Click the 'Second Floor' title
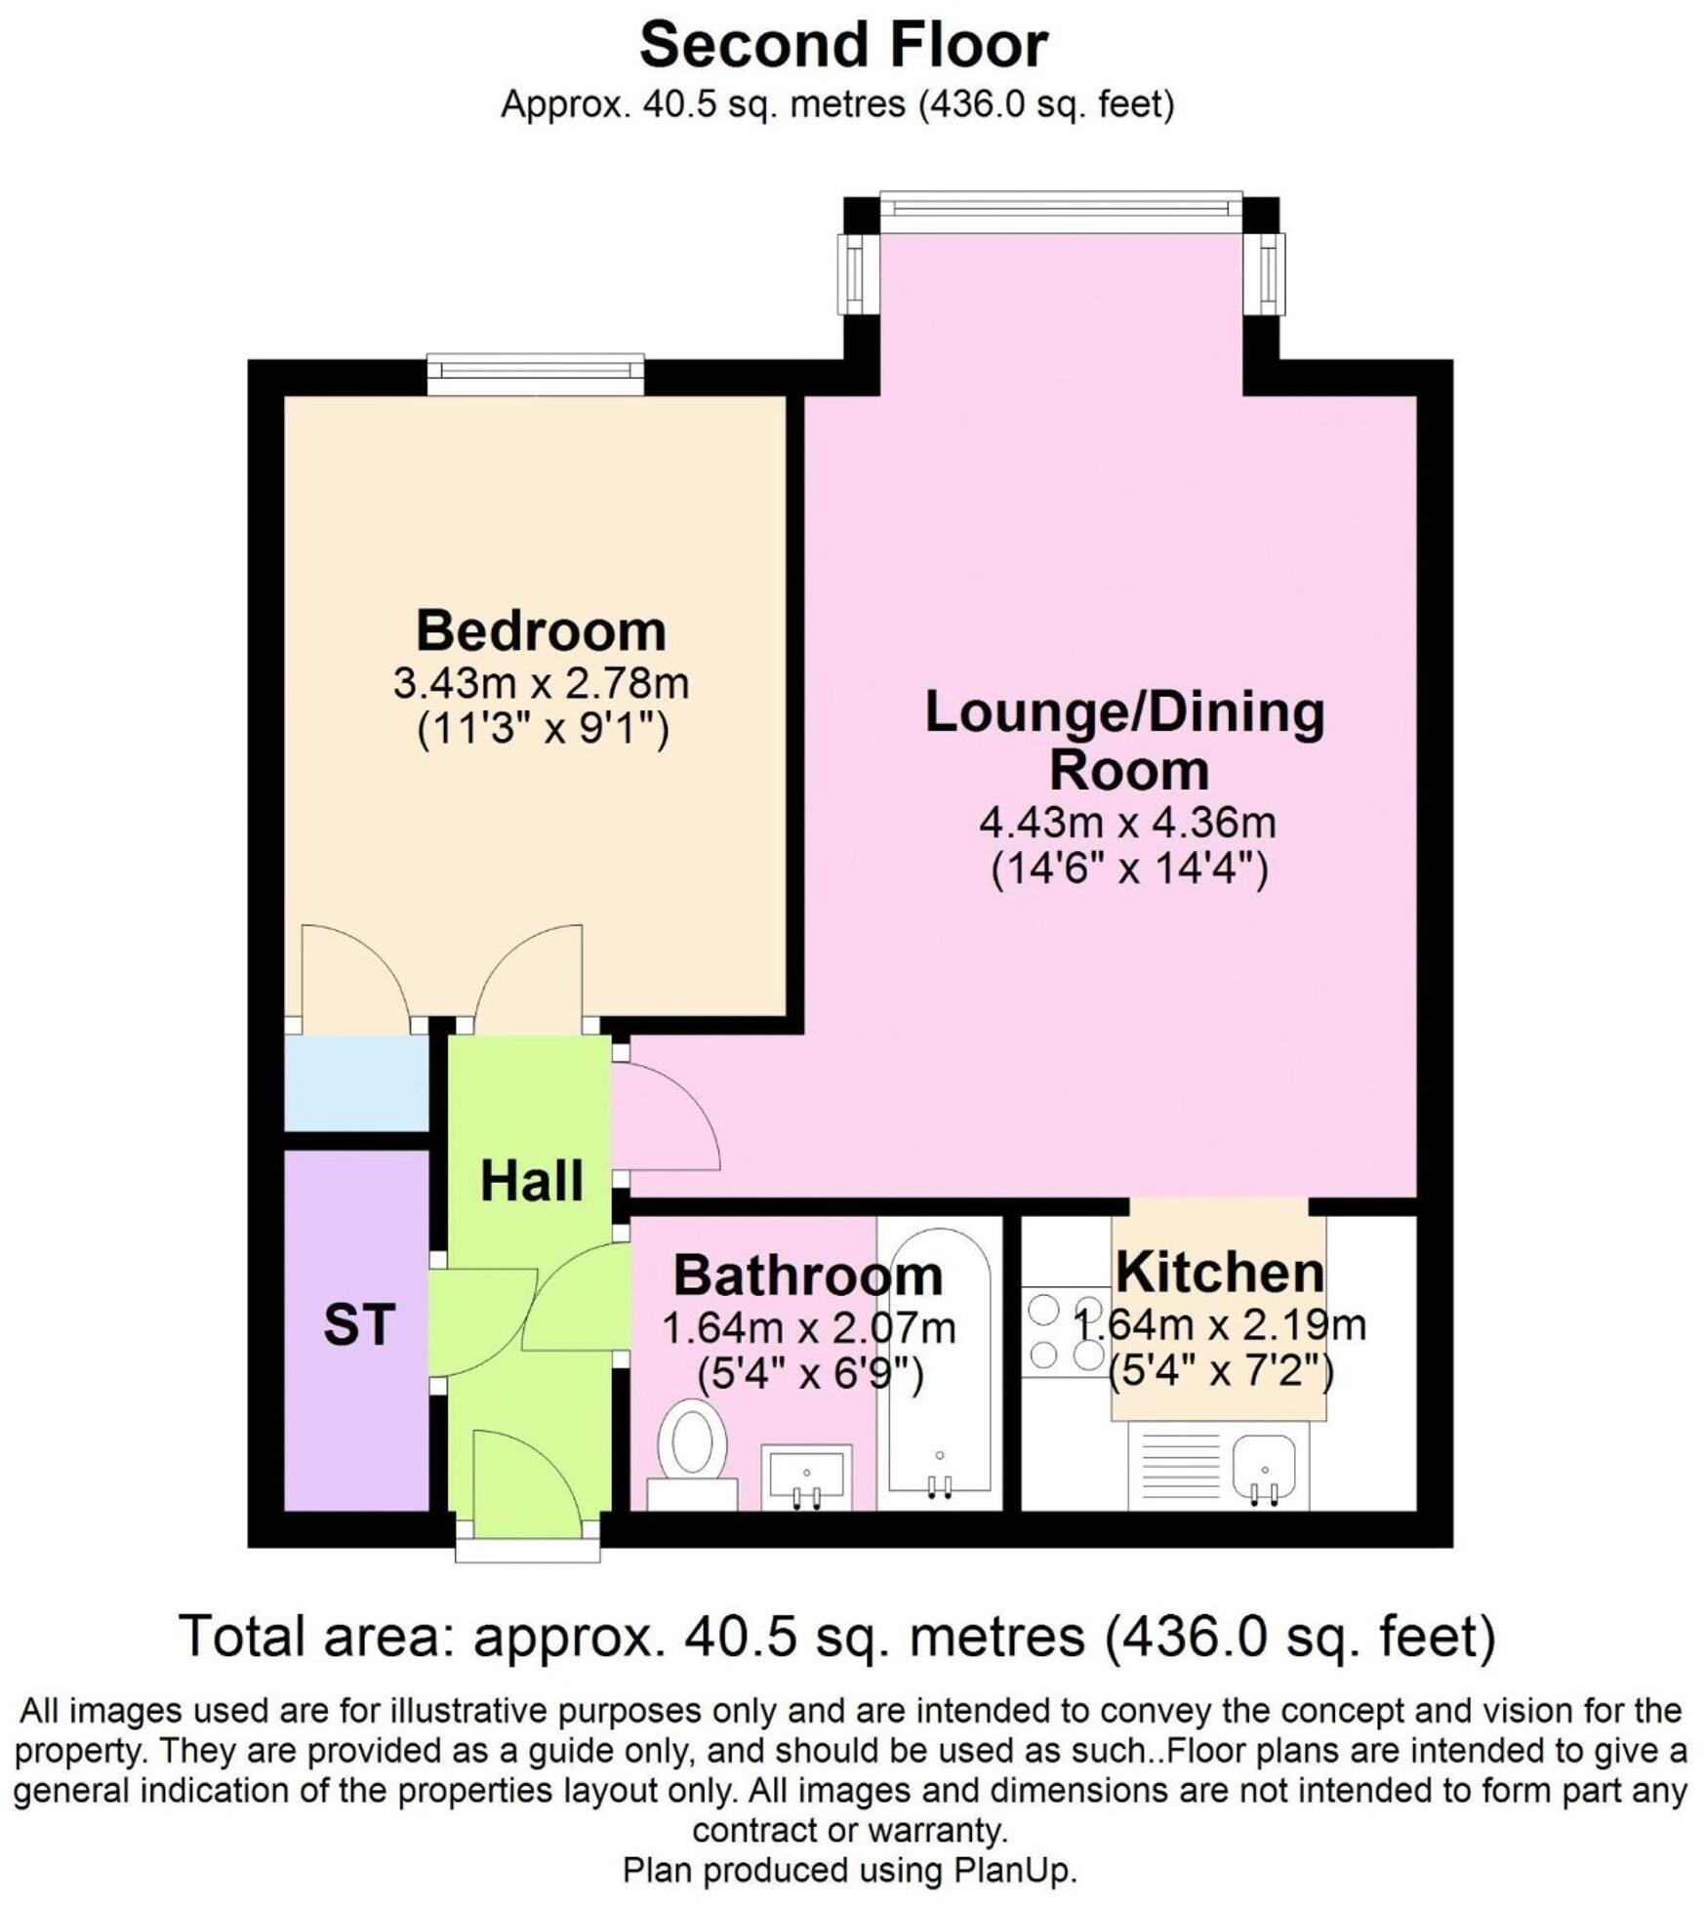842,46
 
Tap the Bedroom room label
541,630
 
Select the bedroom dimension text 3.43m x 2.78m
541,683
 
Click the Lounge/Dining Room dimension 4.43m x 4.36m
1127,823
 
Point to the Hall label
531,1181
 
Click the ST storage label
358,1325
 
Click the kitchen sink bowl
1264,1466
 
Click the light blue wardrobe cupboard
356,1082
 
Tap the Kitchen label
1219,1273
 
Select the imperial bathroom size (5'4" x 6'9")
809,1375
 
